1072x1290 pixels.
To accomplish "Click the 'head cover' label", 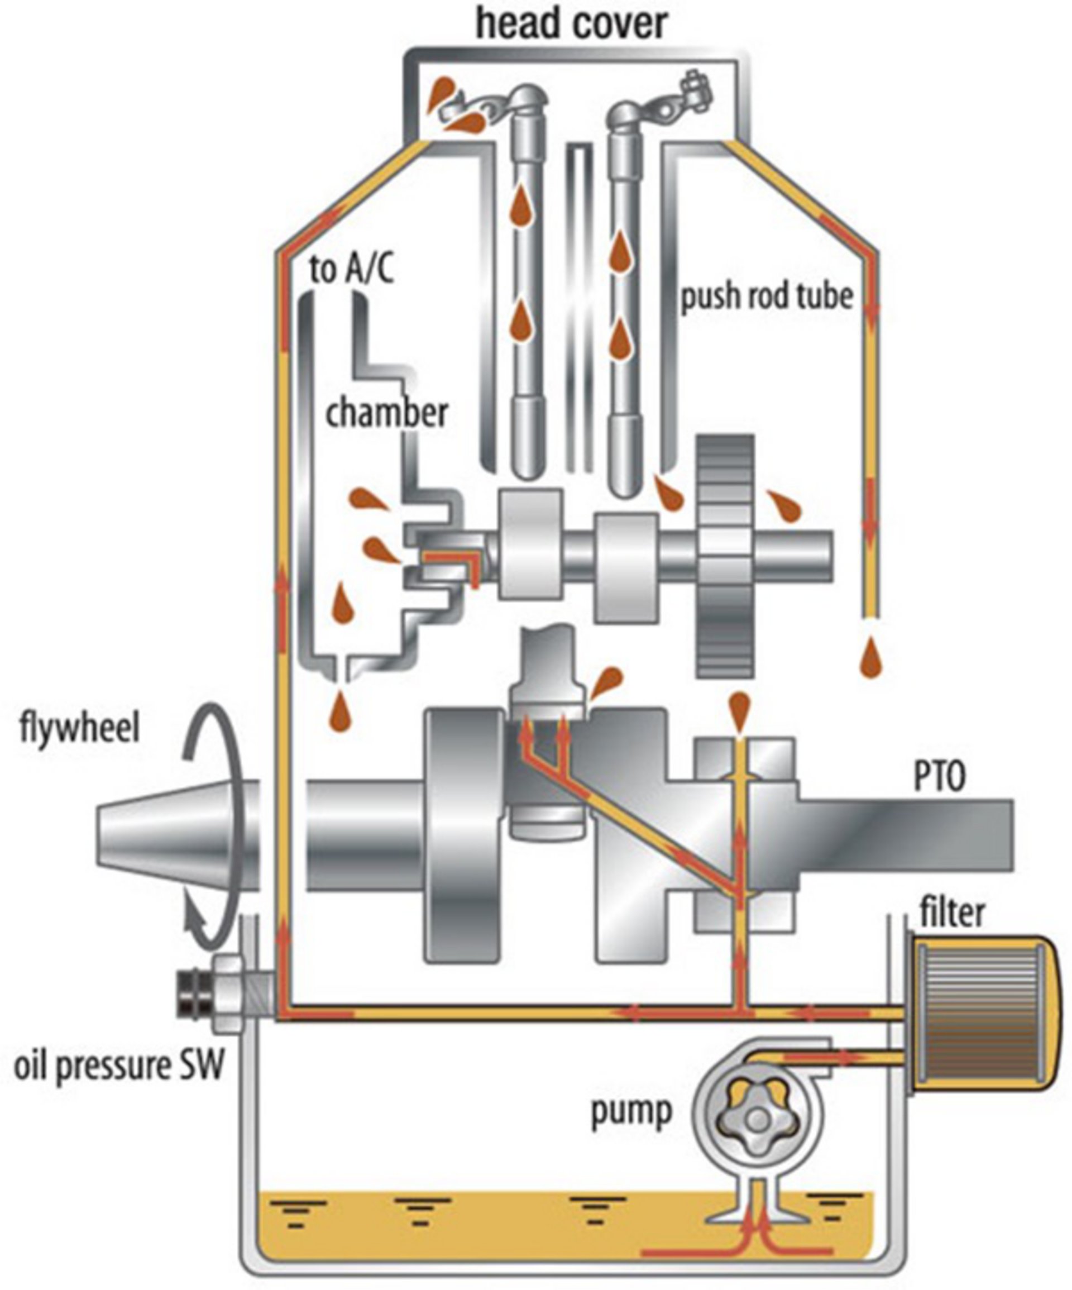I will pos(571,25).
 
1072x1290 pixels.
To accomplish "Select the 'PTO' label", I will pos(939,776).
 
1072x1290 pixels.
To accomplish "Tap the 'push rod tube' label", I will pos(767,296).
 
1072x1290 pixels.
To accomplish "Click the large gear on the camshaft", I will pos(725,556).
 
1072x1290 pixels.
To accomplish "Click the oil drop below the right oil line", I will pos(870,656).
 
